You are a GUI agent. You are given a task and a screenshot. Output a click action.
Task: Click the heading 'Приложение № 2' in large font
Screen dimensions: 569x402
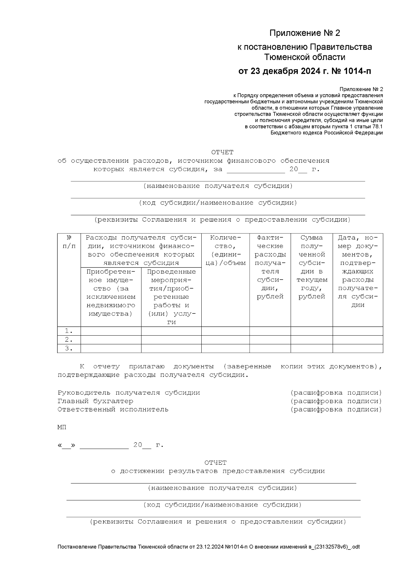tap(305, 33)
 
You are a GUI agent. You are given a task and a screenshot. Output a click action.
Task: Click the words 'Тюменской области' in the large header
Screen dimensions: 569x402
tap(305, 57)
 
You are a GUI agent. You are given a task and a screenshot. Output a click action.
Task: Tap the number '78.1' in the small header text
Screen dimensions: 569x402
tap(377, 127)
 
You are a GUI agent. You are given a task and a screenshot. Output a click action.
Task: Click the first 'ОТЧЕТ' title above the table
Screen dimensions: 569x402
tap(222, 152)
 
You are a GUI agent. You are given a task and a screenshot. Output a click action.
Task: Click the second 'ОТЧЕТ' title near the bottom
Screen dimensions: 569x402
tap(215, 463)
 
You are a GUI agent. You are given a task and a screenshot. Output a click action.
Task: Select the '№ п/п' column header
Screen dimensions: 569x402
tap(69, 242)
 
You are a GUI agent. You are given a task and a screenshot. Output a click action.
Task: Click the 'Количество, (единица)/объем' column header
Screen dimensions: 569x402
tap(225, 250)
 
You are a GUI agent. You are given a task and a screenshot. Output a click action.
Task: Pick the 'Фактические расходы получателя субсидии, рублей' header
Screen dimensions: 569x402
tap(270, 267)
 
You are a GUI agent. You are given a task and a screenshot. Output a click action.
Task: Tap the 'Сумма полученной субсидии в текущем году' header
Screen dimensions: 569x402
tap(312, 267)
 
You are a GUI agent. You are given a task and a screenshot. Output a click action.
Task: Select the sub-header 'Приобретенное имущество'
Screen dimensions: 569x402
tap(111, 292)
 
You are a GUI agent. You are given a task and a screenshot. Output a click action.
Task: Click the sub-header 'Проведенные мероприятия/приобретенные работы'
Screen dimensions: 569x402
tap(171, 296)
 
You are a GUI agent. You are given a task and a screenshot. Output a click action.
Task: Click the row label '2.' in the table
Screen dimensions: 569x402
tap(69, 340)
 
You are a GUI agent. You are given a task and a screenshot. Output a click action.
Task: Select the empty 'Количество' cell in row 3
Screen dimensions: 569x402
tap(225, 348)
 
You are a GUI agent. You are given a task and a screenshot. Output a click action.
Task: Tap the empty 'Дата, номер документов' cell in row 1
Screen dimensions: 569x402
tap(357, 331)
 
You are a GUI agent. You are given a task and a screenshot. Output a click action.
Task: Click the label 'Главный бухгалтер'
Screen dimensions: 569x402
tap(95, 401)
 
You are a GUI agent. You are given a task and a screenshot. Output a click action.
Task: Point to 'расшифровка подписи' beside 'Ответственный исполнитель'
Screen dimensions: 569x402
tap(336, 409)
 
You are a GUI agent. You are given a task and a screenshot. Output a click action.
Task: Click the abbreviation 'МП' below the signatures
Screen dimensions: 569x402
tap(62, 428)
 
